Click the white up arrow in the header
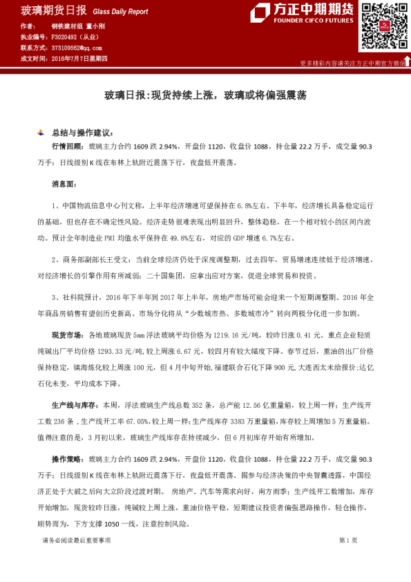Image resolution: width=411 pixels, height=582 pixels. pos(406,61)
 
